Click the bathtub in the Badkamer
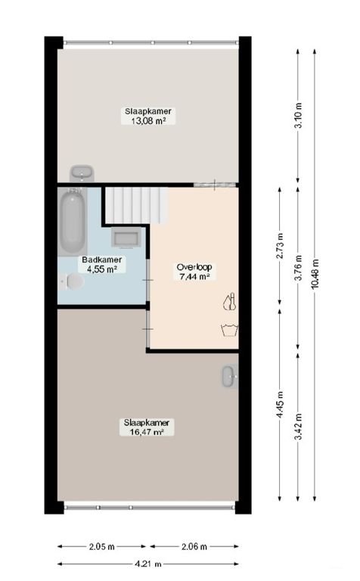(73, 221)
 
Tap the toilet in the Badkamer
(73, 281)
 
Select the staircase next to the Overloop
(135, 205)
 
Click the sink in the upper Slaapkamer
(81, 174)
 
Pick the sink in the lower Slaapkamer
(229, 375)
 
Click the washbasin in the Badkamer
(125, 238)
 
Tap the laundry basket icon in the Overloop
(229, 328)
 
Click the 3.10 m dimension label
(299, 117)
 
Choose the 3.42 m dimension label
(299, 426)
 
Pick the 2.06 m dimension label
(193, 545)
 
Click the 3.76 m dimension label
(299, 268)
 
